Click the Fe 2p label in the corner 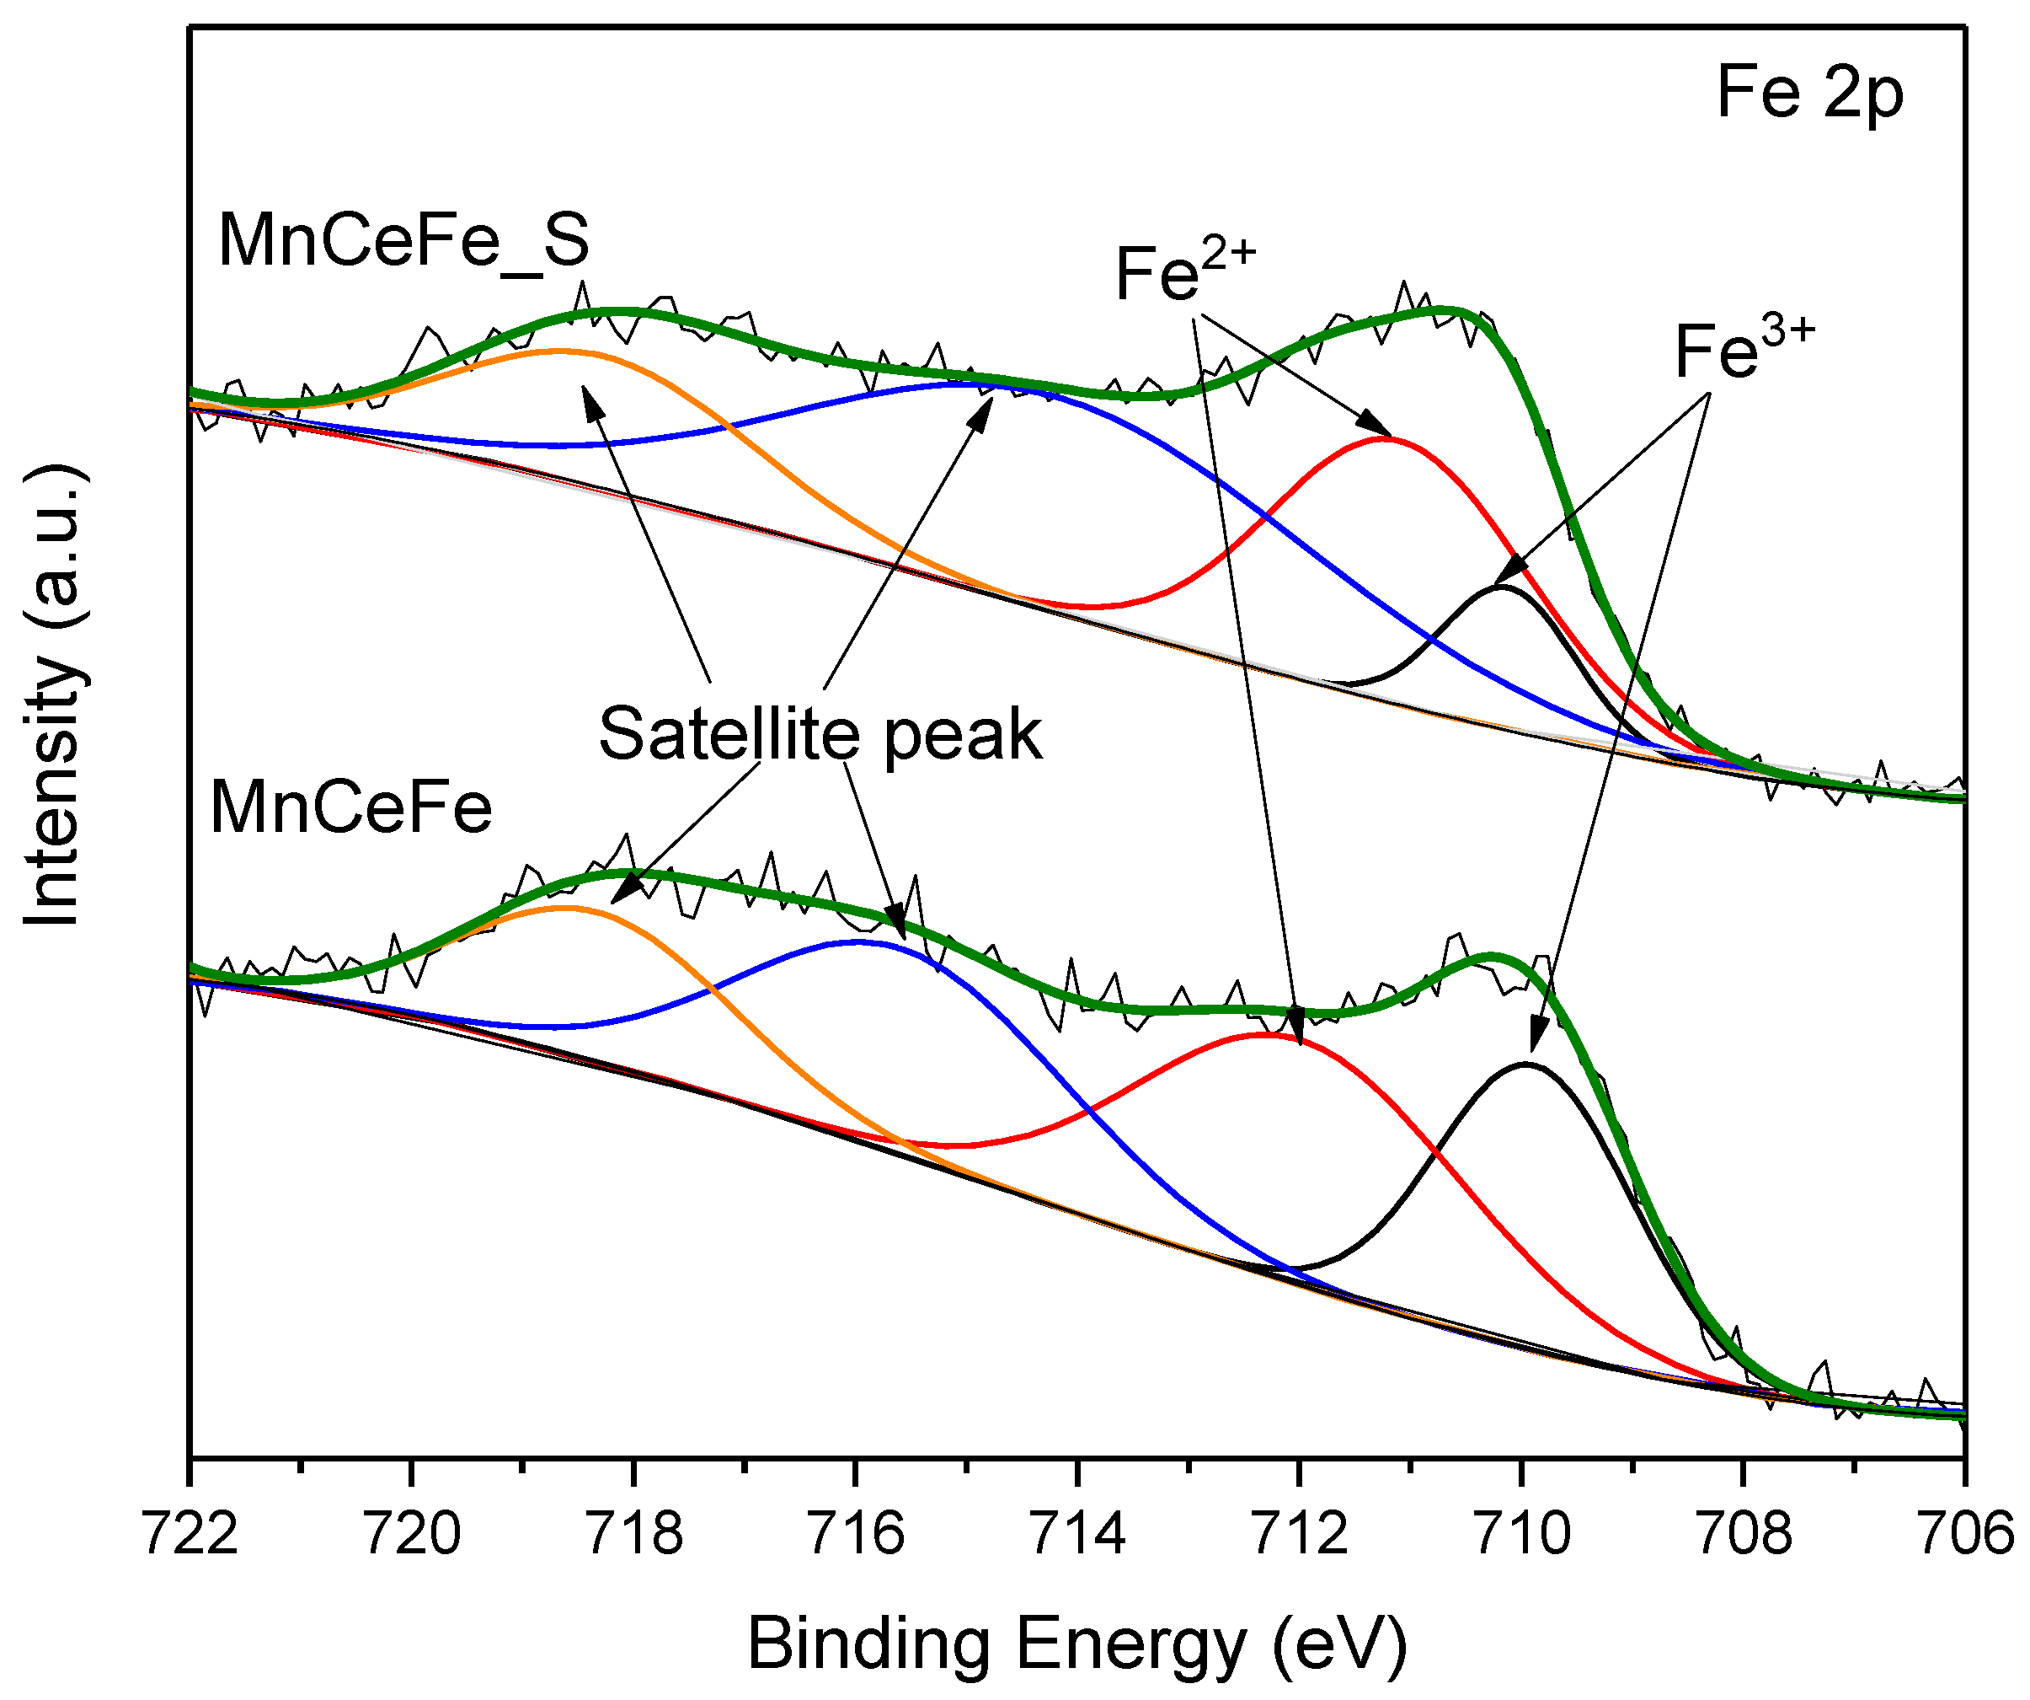(x=1808, y=94)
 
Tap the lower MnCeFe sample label (x=351, y=807)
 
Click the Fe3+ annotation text (x=1744, y=350)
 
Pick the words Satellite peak (x=820, y=734)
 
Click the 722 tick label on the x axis (x=190, y=1535)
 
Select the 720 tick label (x=413, y=1535)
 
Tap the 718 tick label (x=635, y=1535)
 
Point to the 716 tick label (x=857, y=1535)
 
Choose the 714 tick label (x=1079, y=1535)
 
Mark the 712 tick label (x=1301, y=1535)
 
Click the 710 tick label (x=1523, y=1535)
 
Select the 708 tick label (x=1744, y=1535)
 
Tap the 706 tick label (x=1966, y=1535)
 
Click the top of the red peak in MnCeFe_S (x=1387, y=439)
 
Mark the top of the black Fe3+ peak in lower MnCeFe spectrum (x=1525, y=1065)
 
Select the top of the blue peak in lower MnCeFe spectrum (x=858, y=941)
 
